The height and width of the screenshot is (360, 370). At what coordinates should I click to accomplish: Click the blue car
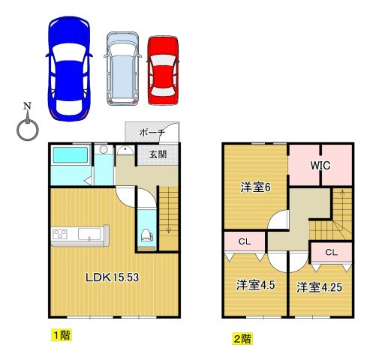(69, 69)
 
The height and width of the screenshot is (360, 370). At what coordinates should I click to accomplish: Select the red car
(163, 70)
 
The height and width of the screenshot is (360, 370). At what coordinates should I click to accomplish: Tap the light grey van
(122, 68)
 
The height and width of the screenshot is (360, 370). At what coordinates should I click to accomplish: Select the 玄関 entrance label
(158, 154)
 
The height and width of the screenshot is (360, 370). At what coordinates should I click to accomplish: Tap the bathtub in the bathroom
(71, 155)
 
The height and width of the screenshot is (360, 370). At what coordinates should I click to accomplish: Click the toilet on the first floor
(147, 235)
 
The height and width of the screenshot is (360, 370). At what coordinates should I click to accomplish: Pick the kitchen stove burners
(60, 234)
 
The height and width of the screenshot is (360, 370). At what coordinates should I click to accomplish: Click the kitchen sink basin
(89, 234)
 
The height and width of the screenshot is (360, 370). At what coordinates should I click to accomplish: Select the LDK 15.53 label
(112, 277)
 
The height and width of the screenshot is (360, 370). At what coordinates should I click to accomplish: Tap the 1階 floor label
(62, 335)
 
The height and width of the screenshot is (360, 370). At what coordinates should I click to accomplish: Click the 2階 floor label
(242, 339)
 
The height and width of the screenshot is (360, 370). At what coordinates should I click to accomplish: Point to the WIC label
(320, 166)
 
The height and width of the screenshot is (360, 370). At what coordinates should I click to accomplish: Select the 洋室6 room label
(255, 187)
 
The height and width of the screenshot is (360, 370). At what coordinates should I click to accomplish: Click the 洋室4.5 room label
(256, 285)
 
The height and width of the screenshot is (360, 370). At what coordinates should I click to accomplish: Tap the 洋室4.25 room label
(319, 287)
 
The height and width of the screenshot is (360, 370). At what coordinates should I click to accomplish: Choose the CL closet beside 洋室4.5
(245, 241)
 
